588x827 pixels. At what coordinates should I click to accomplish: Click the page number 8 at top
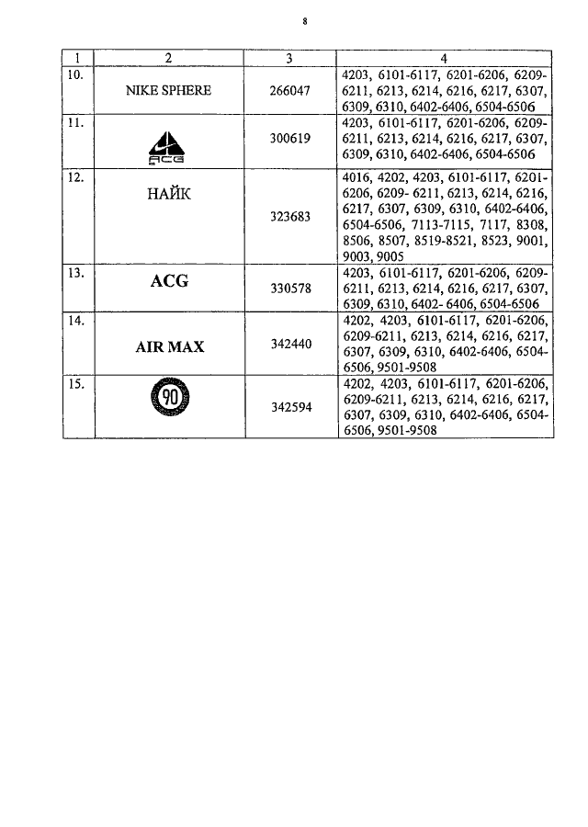[305, 22]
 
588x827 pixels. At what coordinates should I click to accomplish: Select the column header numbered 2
[168, 58]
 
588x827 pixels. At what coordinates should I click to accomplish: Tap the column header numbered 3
[289, 59]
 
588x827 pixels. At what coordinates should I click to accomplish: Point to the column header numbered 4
[444, 59]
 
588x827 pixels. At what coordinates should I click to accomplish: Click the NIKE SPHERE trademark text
[168, 91]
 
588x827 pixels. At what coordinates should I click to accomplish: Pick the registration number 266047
[289, 91]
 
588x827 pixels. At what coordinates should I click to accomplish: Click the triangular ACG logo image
[166, 148]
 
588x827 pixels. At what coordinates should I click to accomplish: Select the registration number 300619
[290, 139]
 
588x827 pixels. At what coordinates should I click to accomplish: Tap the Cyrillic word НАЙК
[169, 194]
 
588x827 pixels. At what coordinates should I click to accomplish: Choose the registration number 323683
[290, 217]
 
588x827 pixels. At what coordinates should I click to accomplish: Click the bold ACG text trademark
[169, 281]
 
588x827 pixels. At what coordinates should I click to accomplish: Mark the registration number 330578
[290, 289]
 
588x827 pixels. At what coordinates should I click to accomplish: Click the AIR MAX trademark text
[170, 347]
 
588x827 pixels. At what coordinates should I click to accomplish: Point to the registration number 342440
[291, 345]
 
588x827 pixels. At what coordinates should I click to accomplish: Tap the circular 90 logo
[170, 397]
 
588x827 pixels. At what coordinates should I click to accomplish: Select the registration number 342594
[291, 407]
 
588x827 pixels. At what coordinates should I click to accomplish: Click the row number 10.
[75, 75]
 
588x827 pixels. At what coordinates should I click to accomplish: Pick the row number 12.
[76, 177]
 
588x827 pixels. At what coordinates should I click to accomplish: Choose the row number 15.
[76, 384]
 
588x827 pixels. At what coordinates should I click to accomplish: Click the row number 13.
[76, 273]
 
